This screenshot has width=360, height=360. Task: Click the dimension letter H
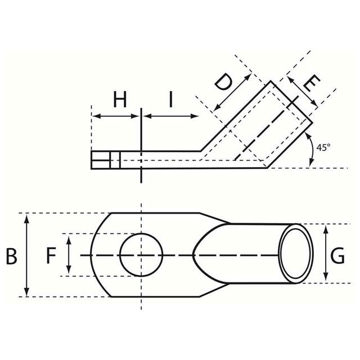(120, 100)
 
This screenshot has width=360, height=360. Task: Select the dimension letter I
(170, 100)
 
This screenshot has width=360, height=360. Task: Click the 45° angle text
(323, 147)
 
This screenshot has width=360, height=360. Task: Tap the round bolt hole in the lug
(141, 255)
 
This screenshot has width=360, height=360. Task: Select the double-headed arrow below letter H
(116, 116)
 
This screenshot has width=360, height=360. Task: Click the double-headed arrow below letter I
(171, 116)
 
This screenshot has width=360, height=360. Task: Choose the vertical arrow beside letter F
(69, 254)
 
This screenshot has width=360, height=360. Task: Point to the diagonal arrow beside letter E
(302, 92)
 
